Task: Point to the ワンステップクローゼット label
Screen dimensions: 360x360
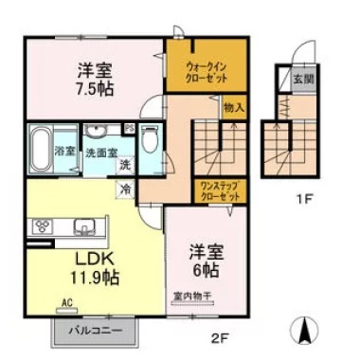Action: (x=220, y=190)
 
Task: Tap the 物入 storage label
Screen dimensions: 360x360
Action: (x=234, y=109)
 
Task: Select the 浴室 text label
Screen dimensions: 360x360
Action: (x=66, y=151)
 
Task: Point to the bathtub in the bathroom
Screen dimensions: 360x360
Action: (x=39, y=151)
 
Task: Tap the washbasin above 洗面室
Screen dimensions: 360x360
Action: (x=96, y=132)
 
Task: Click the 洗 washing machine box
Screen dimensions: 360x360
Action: (x=126, y=165)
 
